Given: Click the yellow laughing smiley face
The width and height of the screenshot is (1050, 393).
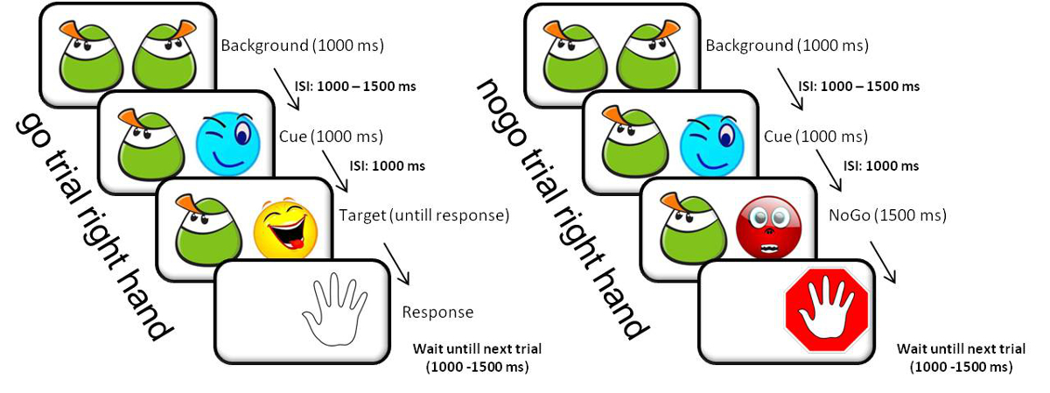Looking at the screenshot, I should (x=285, y=227).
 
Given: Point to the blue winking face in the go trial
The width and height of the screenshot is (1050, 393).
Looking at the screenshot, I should (x=227, y=141).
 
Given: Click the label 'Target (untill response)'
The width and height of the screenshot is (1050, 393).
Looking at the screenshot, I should (x=423, y=215).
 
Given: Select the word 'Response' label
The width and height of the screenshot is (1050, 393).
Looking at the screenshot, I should (x=437, y=312).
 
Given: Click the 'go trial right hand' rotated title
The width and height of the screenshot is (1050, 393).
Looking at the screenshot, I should (x=92, y=228).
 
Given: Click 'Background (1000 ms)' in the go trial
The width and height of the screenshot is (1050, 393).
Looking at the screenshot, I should (x=302, y=46).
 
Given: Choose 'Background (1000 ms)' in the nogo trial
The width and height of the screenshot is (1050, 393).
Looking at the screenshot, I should (x=786, y=46).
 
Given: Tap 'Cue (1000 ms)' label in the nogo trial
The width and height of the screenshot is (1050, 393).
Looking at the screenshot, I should (x=815, y=137).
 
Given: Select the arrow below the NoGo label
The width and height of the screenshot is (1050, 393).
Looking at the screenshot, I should (x=879, y=262).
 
